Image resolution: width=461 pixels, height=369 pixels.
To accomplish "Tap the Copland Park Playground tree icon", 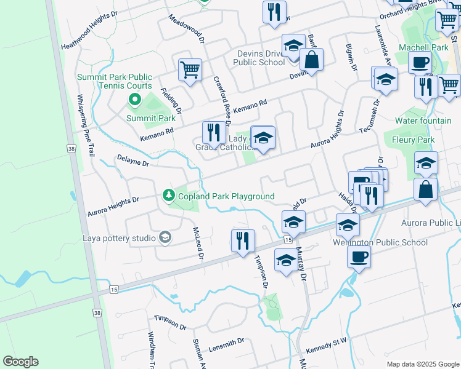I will [x=168, y=196].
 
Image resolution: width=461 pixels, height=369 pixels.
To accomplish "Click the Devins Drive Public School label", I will [x=259, y=58].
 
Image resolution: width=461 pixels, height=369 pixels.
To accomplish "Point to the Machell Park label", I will [x=423, y=47].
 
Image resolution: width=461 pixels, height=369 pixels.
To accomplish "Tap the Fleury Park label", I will [x=413, y=140].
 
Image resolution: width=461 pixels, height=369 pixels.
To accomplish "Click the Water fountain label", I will [x=423, y=121].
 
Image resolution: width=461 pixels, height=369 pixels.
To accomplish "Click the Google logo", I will [x=20, y=362].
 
